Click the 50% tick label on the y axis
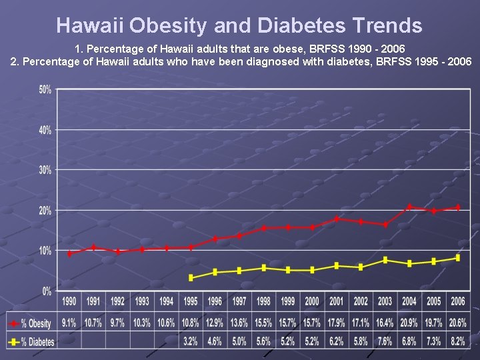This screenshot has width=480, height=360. [x=45, y=90]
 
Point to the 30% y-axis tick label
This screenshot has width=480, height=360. [x=45, y=171]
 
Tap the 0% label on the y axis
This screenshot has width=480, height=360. [x=47, y=291]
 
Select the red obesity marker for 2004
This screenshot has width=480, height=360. [x=409, y=207]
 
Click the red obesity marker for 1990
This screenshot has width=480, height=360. [x=69, y=253]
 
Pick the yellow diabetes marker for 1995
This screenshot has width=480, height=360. [x=191, y=277]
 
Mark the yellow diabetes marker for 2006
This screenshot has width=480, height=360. [x=457, y=258]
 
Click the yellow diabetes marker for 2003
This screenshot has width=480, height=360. [x=385, y=260]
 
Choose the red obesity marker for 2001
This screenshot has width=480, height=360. [x=337, y=219]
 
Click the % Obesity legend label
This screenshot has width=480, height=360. [x=36, y=323]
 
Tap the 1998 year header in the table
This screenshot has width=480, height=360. [x=263, y=301]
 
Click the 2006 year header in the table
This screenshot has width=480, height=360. [x=457, y=301]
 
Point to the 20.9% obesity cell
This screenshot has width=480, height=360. [x=409, y=323]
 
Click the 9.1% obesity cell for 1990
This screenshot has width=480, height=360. [x=69, y=323]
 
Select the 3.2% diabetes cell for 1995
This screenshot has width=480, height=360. [x=191, y=342]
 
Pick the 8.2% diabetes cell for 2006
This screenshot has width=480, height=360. [x=457, y=342]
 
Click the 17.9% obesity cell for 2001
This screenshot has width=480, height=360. [x=336, y=323]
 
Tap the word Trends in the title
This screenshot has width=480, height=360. [x=385, y=25]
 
